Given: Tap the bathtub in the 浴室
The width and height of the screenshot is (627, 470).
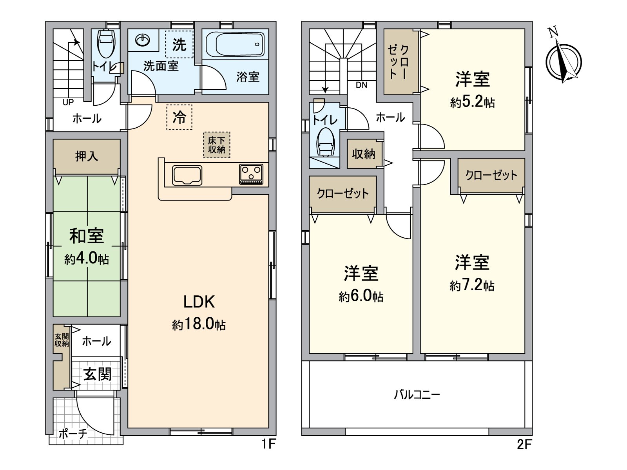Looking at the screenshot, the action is (x=235, y=44).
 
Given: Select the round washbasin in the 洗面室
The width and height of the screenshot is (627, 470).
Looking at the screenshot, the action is (x=143, y=40).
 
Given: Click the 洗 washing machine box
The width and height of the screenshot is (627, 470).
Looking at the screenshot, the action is (x=179, y=44).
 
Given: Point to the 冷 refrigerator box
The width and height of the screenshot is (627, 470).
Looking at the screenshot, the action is (x=179, y=117).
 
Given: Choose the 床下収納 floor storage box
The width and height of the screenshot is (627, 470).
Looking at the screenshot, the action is (x=217, y=145).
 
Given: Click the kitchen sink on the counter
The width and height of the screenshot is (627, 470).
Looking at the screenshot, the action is (x=187, y=175).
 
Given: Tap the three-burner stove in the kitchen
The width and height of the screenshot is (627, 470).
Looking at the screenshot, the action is (x=251, y=174).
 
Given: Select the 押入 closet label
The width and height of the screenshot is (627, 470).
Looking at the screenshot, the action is (x=87, y=156).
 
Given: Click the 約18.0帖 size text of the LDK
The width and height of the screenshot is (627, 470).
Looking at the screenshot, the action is (x=199, y=325).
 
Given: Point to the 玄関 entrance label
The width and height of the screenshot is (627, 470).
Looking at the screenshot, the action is (x=98, y=374).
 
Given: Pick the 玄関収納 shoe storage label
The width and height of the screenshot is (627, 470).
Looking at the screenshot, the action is (x=62, y=340).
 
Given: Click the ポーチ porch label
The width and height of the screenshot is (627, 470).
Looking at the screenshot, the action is (x=73, y=434).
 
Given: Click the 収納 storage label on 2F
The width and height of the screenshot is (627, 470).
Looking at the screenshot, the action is (x=364, y=154).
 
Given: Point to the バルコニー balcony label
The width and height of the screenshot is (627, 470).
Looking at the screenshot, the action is (x=417, y=395).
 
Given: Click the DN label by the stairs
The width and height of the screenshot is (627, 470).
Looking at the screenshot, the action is (x=361, y=85).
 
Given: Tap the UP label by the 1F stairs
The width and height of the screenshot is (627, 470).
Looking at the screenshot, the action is (x=68, y=102).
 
